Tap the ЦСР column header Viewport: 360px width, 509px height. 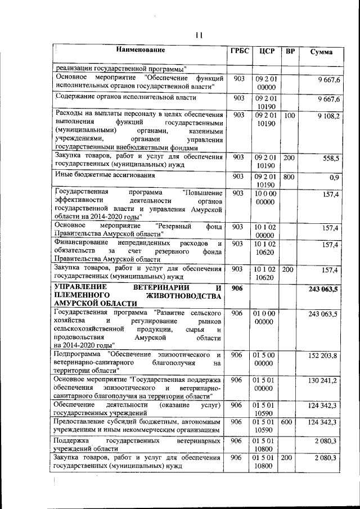[x=267, y=52]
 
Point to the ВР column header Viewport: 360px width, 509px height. [x=290, y=52]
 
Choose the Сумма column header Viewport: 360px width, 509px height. [x=321, y=52]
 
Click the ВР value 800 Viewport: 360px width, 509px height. [x=289, y=177]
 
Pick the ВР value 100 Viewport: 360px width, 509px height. [x=289, y=115]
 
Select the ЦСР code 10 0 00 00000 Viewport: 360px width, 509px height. [x=266, y=197]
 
